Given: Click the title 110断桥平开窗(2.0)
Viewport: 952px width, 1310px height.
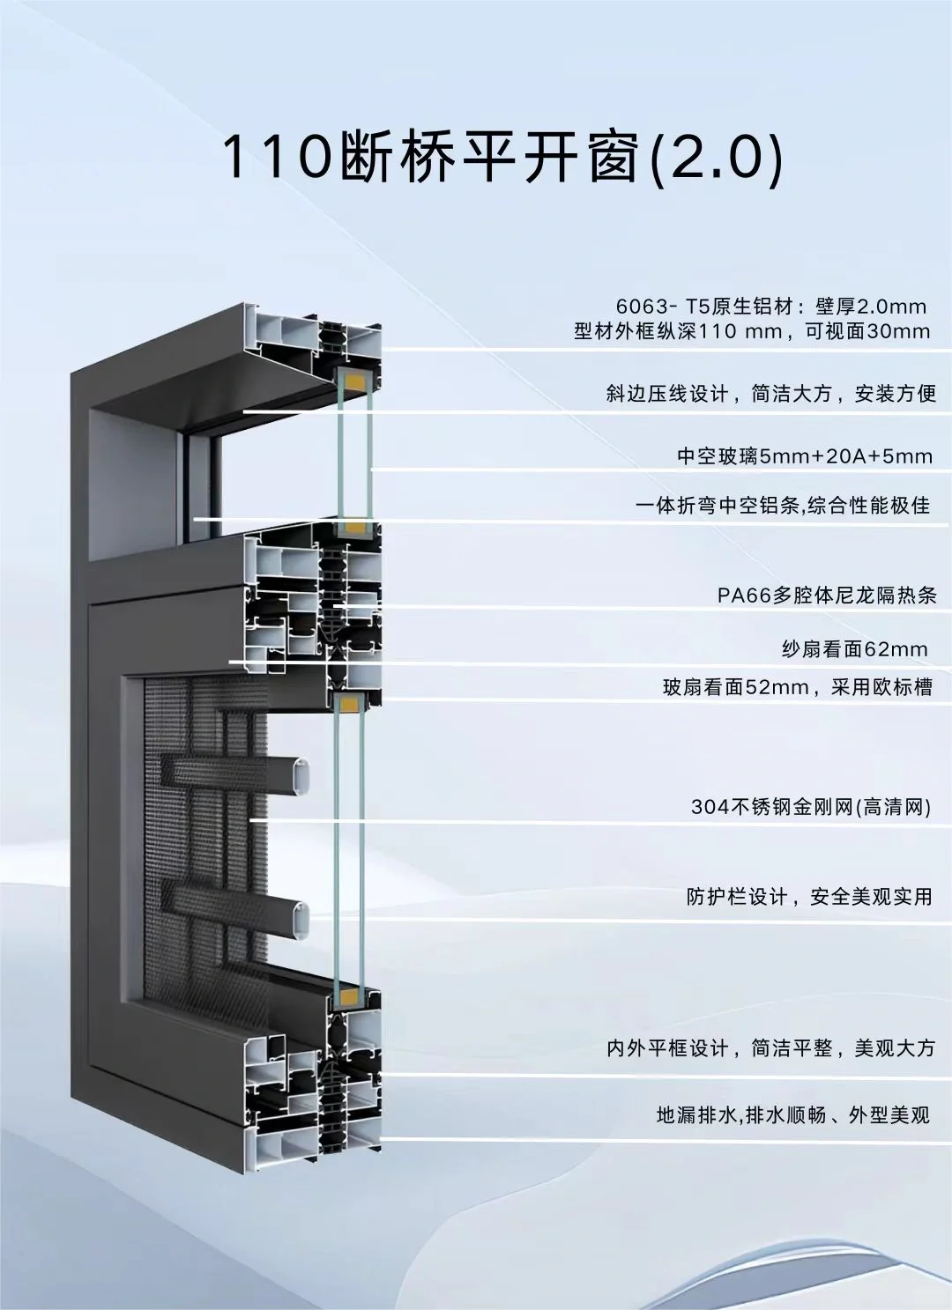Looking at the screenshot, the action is pyautogui.click(x=501, y=158).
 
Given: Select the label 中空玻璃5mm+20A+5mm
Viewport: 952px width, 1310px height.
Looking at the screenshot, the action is pyautogui.click(x=804, y=455).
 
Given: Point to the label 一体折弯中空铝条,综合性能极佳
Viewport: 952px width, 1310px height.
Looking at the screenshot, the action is pyautogui.click(x=783, y=506).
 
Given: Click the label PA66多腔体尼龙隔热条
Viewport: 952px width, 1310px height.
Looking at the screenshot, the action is pyautogui.click(x=826, y=596).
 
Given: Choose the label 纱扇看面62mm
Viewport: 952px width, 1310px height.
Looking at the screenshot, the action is pyautogui.click(x=854, y=649).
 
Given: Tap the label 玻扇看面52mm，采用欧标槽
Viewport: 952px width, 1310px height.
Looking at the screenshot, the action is pyautogui.click(x=797, y=686).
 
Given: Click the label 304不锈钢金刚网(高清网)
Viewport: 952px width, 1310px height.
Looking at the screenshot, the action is pyautogui.click(x=811, y=806).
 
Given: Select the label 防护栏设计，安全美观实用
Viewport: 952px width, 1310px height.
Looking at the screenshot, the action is pyautogui.click(x=809, y=897).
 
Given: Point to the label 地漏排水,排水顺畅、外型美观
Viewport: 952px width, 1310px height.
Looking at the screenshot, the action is pyautogui.click(x=792, y=1114).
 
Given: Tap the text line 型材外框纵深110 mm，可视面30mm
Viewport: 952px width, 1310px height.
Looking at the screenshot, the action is pyautogui.click(x=752, y=331).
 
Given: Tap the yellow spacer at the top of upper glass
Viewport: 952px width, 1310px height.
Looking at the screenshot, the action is pyautogui.click(x=353, y=382).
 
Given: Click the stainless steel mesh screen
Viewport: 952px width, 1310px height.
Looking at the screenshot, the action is pyautogui.click(x=203, y=837).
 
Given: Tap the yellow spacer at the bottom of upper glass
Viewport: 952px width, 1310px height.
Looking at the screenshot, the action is pyautogui.click(x=353, y=529).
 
